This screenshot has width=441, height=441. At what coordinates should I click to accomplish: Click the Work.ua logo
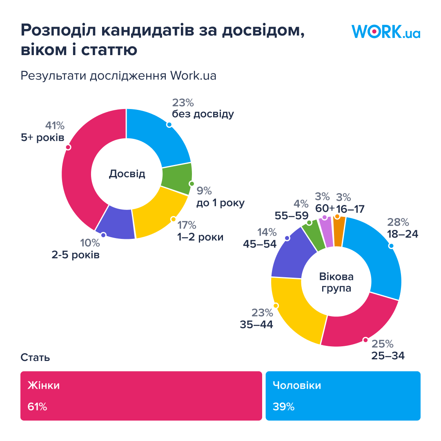pyautogui.click(x=385, y=32)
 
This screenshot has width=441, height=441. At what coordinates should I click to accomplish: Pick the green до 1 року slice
pyautogui.click(x=176, y=179)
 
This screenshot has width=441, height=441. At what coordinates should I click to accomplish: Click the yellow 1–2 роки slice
pyautogui.click(x=159, y=212)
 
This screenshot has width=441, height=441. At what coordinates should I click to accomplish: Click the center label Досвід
pyautogui.click(x=127, y=174)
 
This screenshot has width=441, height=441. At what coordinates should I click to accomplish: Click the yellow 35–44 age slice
pyautogui.click(x=296, y=312)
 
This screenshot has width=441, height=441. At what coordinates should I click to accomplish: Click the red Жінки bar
pyautogui.click(x=141, y=396)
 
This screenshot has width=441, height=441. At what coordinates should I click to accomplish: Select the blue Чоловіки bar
pyautogui.click(x=343, y=396)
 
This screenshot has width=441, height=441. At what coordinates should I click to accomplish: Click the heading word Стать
pyautogui.click(x=35, y=358)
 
